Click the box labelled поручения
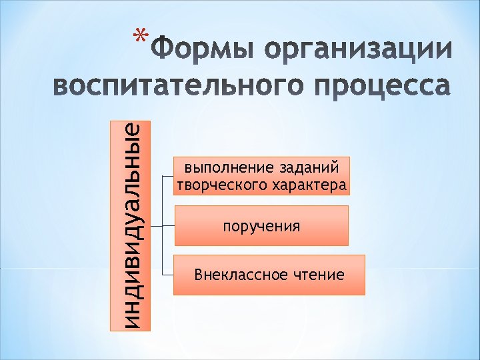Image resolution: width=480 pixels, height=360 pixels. tap(261, 226)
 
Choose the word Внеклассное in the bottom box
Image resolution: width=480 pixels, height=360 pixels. tap(234, 275)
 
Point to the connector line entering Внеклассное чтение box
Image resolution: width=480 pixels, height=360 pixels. tap(167, 274)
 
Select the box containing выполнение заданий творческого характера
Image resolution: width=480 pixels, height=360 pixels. tap(261, 175)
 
